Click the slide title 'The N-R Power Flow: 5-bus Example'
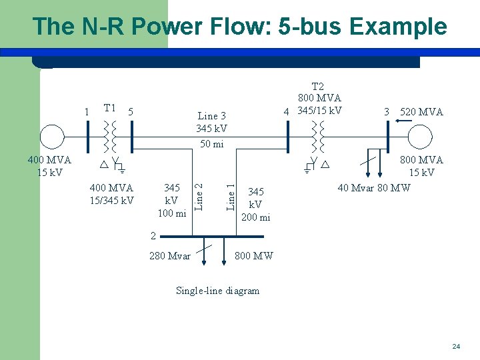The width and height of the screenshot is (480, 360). pyautogui.click(x=239, y=27)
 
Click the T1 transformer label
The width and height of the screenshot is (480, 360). pyautogui.click(x=110, y=108)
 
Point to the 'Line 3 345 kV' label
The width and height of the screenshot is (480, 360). pyautogui.click(x=211, y=122)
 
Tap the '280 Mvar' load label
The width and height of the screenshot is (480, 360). pyautogui.click(x=170, y=255)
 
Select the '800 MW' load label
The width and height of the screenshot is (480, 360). pyautogui.click(x=254, y=255)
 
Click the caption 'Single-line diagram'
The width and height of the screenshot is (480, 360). pyautogui.click(x=217, y=290)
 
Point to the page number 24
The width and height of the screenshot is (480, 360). pyautogui.click(x=456, y=347)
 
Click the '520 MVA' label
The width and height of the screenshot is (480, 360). pyautogui.click(x=421, y=112)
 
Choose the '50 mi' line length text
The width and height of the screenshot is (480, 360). pyautogui.click(x=211, y=144)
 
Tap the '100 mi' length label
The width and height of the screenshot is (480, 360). pyautogui.click(x=171, y=213)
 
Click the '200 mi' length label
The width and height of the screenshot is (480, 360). pyautogui.click(x=255, y=217)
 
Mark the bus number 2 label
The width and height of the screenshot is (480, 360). pyautogui.click(x=153, y=235)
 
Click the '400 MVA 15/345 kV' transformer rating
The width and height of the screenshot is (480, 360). pyautogui.click(x=111, y=194)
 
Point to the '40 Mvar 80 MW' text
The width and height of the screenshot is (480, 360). pyautogui.click(x=373, y=188)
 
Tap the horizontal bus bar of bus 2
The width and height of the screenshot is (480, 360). pyautogui.click(x=213, y=236)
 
